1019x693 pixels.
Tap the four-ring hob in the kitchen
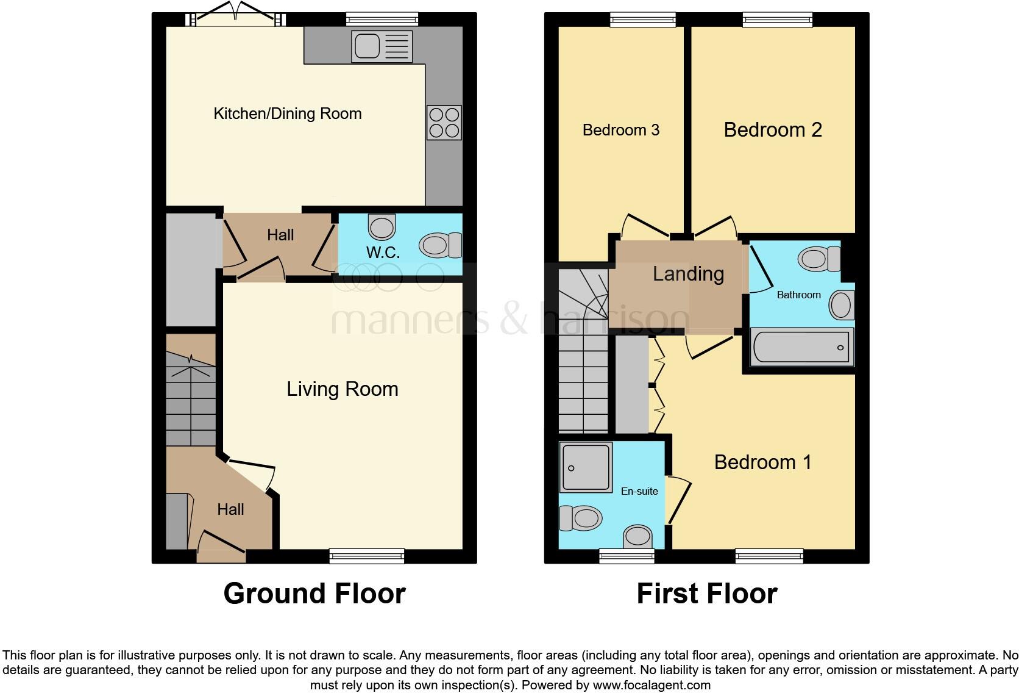(444, 123)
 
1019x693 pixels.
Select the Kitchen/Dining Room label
(287, 113)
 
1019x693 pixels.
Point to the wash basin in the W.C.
(382, 227)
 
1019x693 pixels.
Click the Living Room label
(342, 389)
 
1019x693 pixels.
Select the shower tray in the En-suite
(585, 468)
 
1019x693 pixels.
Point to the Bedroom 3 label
(620, 130)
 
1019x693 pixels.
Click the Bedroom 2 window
(777, 20)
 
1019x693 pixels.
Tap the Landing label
(688, 274)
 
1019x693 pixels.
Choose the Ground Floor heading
(314, 594)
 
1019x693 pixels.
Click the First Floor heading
(706, 594)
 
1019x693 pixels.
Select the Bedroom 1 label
(762, 462)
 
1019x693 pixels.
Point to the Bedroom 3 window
(643, 20)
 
